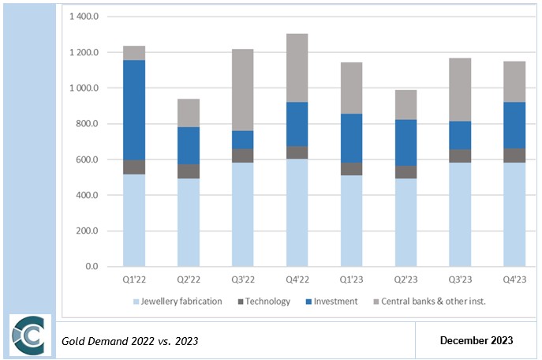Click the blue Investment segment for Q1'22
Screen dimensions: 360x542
coord(134,110)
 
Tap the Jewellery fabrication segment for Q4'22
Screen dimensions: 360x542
coord(297,212)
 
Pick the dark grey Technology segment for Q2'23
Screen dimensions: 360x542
coord(406,172)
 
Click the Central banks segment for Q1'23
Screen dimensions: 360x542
coord(351,88)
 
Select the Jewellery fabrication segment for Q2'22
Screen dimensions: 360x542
coord(188,222)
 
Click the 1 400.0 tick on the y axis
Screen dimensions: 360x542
coord(84,17)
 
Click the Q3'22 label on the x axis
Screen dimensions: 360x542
coord(242,280)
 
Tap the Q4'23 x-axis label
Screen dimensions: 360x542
coord(514,280)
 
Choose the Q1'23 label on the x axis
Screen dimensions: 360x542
coord(351,280)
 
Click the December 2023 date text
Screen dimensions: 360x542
coord(477,340)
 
